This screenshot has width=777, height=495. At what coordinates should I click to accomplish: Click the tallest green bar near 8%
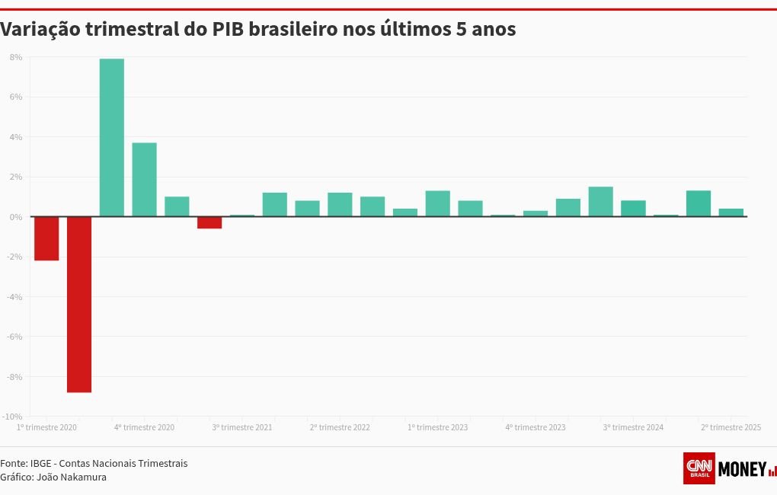[112, 137]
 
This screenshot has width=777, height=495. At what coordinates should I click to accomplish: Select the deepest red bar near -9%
[79, 305]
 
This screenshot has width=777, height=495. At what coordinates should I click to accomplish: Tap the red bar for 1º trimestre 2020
[46, 238]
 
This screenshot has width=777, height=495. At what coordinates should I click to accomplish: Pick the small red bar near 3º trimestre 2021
[209, 222]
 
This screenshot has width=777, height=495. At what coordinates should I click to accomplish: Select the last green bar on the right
[731, 212]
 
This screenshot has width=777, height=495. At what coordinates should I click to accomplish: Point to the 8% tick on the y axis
[16, 57]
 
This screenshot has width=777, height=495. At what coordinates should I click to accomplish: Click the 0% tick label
[15, 217]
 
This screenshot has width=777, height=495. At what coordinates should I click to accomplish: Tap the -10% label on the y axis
[12, 417]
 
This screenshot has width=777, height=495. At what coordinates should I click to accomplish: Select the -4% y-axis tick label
[14, 297]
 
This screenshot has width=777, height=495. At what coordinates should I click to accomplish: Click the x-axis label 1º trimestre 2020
[46, 428]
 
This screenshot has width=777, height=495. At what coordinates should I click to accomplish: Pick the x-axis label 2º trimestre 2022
[340, 428]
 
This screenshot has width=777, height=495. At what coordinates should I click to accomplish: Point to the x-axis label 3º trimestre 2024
[633, 428]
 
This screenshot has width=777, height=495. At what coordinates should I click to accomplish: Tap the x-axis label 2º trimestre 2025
[731, 428]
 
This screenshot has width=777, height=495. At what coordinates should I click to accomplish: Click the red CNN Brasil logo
[699, 468]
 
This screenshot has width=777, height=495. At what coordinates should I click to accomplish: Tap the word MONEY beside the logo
[741, 469]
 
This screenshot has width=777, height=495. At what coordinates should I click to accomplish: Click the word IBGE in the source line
[41, 463]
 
